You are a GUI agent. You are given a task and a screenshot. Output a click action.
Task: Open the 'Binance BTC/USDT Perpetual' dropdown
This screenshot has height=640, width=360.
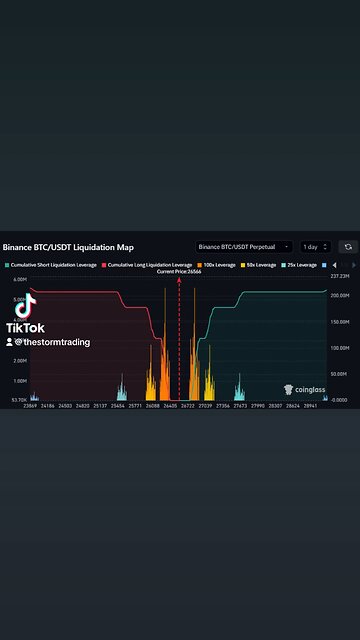pyautogui.click(x=243, y=246)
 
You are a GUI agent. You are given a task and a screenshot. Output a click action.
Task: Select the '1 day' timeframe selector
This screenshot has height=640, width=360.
pyautogui.click(x=314, y=246)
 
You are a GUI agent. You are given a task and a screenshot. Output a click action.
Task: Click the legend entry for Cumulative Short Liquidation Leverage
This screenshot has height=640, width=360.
pyautogui.click(x=50, y=265)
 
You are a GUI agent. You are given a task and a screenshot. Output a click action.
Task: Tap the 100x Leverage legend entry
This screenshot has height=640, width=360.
pyautogui.click(x=218, y=265)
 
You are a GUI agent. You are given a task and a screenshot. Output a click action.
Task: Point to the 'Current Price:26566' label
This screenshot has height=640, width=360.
pyautogui.click(x=179, y=272)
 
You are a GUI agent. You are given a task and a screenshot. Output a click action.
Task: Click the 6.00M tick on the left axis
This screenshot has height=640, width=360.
pyautogui.click(x=20, y=279)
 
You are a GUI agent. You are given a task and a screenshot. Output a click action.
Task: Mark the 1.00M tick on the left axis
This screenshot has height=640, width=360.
pyautogui.click(x=20, y=381)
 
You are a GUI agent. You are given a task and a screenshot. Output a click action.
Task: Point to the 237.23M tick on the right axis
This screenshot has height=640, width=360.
pyautogui.click(x=342, y=276)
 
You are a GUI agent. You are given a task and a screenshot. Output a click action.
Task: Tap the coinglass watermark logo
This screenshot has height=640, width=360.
pyautogui.click(x=303, y=390)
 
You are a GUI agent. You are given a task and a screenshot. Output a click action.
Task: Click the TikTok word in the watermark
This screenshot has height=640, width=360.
pyautogui.click(x=26, y=328)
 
